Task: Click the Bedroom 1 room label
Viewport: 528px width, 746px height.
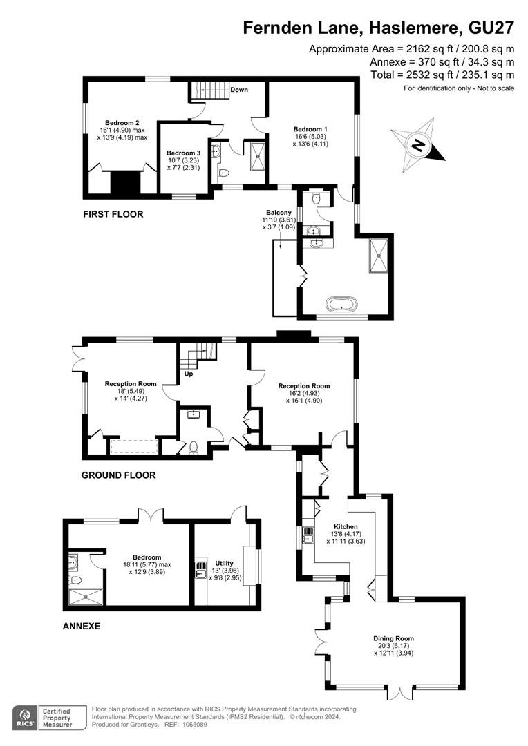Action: (x=310, y=129)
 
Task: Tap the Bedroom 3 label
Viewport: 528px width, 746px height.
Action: (x=183, y=153)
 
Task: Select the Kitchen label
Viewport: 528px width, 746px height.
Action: (x=346, y=526)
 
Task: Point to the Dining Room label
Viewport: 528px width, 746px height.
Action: (x=393, y=638)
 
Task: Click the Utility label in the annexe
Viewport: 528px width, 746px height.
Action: (x=224, y=563)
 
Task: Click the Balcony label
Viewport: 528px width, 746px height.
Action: (x=279, y=213)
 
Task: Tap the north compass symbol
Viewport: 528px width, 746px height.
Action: (x=418, y=144)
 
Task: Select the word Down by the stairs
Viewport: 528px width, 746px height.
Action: (x=239, y=89)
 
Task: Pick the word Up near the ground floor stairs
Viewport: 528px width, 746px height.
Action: (x=189, y=374)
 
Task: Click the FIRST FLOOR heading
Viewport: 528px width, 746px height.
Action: (x=113, y=214)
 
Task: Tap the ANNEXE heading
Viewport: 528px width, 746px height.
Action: (x=82, y=626)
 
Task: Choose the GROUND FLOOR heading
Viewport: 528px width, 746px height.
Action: (x=119, y=475)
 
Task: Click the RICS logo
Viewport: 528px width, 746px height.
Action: (x=25, y=718)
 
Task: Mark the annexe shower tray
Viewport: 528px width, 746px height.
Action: (x=86, y=597)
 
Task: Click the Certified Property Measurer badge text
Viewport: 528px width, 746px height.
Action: (x=57, y=718)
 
